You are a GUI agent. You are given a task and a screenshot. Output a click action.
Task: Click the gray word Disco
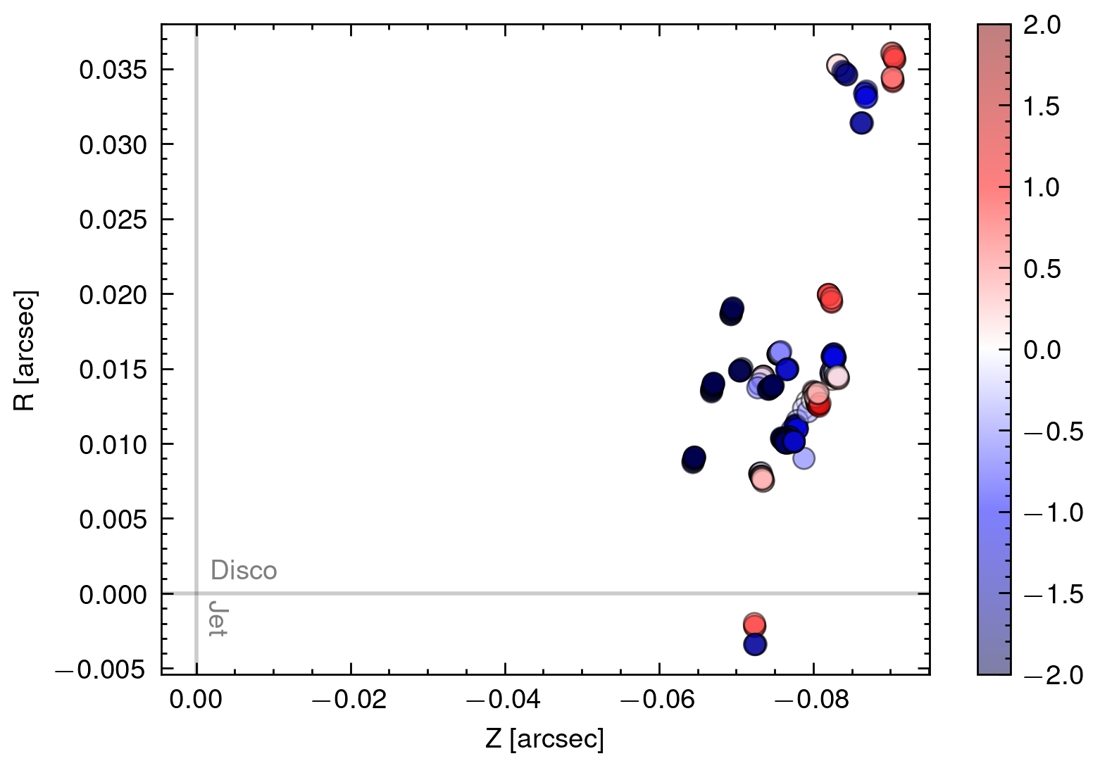[244, 570]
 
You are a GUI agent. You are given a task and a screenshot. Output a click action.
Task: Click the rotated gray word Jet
[218, 619]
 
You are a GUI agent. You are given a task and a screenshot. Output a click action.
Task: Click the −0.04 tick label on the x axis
[504, 700]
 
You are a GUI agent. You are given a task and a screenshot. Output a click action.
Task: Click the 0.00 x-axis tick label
[196, 700]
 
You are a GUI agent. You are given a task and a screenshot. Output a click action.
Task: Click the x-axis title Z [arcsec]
[544, 739]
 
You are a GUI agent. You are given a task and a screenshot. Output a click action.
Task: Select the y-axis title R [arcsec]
[25, 350]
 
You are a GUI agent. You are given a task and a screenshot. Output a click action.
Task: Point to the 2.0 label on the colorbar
[1042, 25]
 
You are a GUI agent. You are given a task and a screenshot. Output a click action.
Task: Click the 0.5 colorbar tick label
[1042, 269]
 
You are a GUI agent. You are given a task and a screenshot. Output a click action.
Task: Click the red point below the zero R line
[754, 624]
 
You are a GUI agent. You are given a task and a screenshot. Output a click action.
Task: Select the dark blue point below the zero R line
[755, 644]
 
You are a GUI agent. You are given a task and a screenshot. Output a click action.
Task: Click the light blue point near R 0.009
[804, 458]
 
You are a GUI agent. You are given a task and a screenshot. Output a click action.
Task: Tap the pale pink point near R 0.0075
[762, 479]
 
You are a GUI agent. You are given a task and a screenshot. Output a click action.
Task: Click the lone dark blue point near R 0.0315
[861, 122]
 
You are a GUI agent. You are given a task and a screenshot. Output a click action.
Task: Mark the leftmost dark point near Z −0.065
[694, 459]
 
